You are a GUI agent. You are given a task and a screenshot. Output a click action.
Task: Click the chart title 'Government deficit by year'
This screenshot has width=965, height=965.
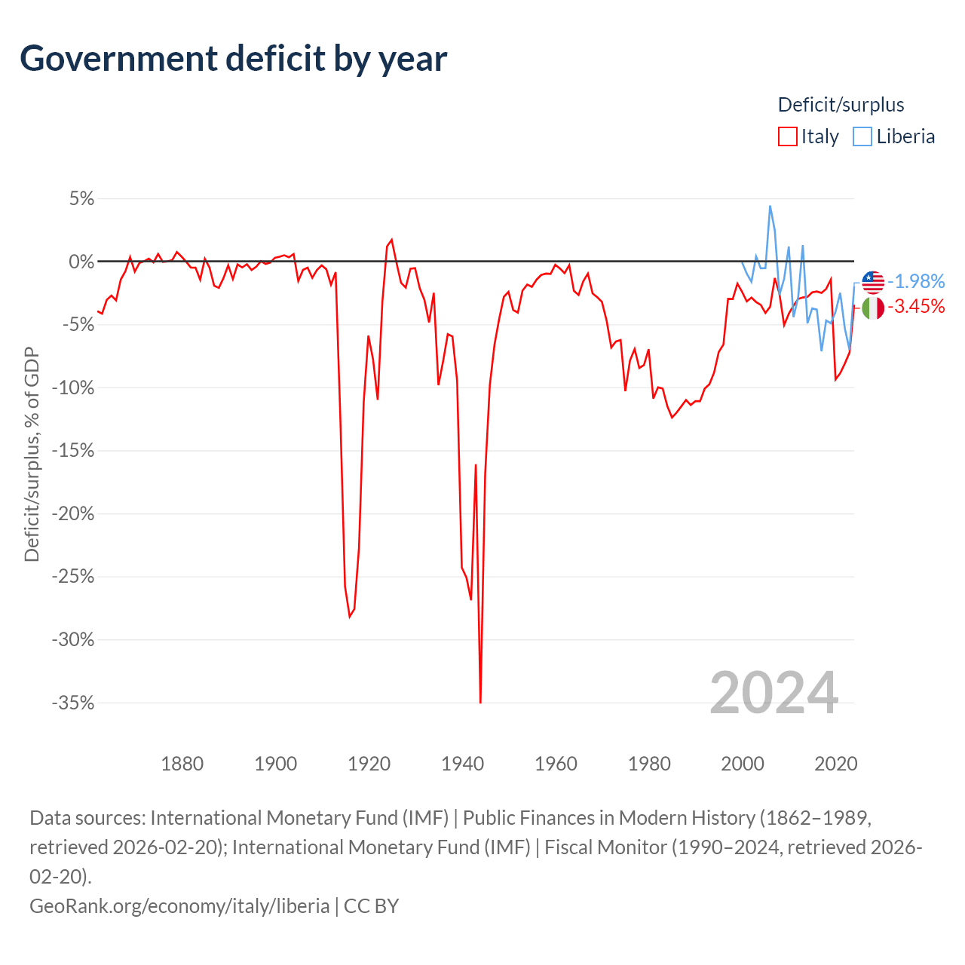click(x=233, y=59)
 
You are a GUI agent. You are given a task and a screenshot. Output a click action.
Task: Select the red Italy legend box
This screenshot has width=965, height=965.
click(x=787, y=136)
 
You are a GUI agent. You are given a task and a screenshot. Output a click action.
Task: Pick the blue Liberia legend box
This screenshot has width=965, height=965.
click(x=862, y=136)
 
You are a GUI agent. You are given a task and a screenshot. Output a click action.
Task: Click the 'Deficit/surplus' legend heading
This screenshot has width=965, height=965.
click(x=841, y=105)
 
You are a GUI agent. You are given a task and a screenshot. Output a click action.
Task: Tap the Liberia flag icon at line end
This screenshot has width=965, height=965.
click(x=873, y=283)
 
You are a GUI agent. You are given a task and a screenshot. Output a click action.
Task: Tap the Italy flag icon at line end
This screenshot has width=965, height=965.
click(x=873, y=308)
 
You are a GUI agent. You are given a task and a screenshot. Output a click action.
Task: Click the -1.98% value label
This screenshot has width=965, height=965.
click(x=916, y=281)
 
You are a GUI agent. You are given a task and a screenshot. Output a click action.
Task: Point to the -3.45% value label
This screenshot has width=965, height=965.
click(x=916, y=306)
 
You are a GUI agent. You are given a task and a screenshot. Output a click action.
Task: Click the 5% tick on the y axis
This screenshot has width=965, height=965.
click(x=81, y=199)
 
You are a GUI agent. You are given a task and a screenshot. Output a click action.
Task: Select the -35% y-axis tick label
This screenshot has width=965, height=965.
click(x=73, y=703)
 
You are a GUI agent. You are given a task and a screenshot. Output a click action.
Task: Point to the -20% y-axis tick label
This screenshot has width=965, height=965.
click(x=73, y=514)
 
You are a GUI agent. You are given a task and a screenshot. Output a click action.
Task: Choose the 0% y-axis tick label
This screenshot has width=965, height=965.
click(x=81, y=262)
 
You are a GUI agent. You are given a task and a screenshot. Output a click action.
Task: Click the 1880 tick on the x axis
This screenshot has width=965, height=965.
click(x=182, y=764)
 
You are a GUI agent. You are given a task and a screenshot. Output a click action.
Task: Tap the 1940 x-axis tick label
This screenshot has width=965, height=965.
click(x=463, y=764)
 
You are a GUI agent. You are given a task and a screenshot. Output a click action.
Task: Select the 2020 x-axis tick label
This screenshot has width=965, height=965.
click(x=836, y=764)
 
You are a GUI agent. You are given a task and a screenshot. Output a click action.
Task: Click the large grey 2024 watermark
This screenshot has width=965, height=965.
click(x=774, y=693)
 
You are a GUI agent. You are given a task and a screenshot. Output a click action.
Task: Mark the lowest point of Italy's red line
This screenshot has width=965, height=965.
click(x=480, y=703)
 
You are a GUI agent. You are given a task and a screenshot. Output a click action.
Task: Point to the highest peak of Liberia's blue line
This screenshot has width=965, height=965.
click(x=770, y=206)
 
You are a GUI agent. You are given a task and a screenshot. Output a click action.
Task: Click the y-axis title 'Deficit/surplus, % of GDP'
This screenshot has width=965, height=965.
click(x=32, y=454)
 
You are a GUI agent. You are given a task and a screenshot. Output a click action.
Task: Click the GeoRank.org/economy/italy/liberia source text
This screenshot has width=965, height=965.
click(x=179, y=906)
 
